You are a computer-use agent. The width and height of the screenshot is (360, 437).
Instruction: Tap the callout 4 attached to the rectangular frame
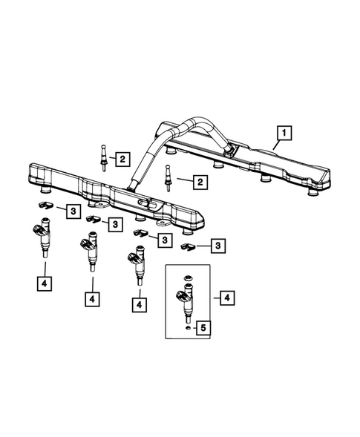228,298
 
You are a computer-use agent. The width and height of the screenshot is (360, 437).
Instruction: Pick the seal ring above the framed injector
189,279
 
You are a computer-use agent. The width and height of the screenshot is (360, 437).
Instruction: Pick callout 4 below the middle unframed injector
92,298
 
